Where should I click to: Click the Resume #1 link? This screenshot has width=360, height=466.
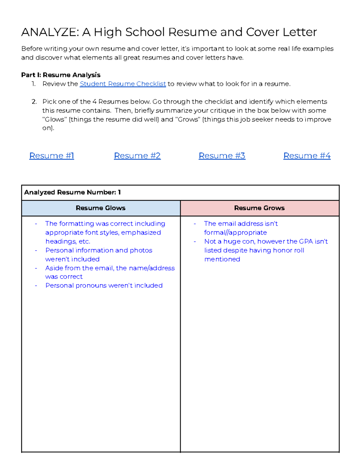(52, 156)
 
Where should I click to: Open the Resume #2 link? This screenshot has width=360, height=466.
(137, 156)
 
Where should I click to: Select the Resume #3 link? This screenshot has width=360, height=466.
(222, 156)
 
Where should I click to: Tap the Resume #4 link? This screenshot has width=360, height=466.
(307, 156)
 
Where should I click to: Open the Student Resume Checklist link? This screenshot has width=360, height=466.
(123, 84)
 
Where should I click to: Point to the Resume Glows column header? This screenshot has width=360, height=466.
(100, 208)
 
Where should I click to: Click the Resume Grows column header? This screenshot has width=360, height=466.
(259, 208)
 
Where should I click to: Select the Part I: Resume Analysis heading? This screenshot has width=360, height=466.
(61, 75)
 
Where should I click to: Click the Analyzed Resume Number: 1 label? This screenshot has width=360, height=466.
(72, 192)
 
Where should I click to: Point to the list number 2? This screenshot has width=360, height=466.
(34, 102)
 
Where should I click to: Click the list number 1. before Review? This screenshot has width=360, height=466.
(34, 84)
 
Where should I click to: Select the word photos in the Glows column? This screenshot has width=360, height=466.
(141, 250)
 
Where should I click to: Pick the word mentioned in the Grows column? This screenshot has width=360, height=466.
(222, 259)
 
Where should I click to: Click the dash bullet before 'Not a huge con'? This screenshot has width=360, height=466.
(195, 242)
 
